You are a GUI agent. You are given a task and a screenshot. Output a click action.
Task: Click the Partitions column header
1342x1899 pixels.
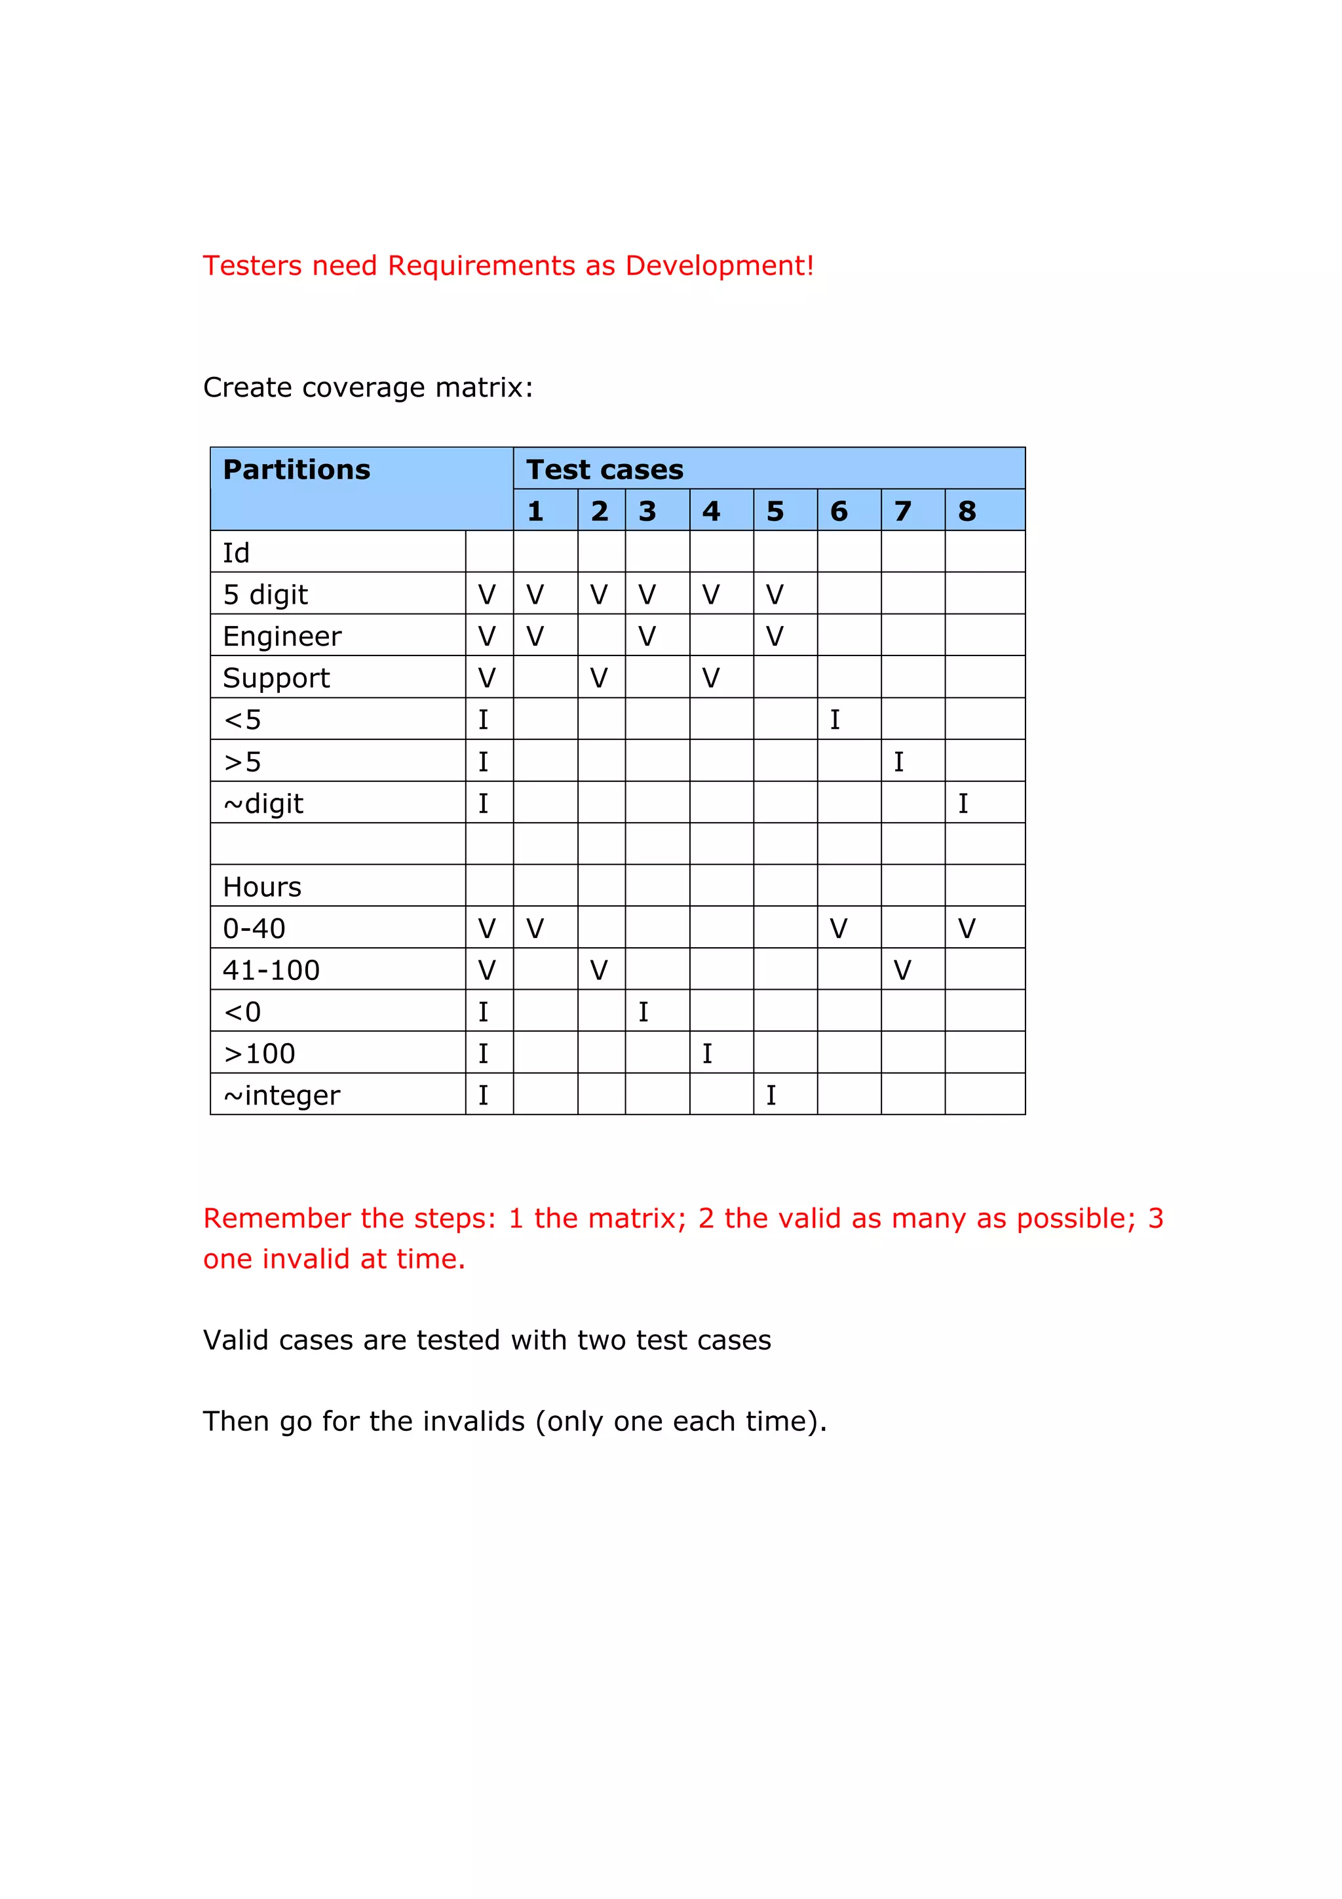296,470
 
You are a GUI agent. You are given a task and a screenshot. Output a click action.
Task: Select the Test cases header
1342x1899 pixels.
604,470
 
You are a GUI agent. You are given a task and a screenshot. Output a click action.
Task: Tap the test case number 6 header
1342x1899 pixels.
839,511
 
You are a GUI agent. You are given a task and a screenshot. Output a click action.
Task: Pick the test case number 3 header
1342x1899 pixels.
647,511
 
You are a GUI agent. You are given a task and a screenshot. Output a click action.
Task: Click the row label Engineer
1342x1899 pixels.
282,636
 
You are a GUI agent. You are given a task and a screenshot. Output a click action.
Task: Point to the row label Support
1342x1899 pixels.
276,678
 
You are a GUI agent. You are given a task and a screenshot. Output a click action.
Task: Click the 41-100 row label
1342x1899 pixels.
271,970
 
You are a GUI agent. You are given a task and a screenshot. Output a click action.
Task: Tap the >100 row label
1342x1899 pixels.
259,1053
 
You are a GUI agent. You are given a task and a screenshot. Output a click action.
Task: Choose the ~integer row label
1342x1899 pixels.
282,1095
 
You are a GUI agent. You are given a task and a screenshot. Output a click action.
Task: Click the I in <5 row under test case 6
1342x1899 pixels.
835,720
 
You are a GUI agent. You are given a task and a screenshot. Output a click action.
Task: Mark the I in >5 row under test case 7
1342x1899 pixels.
899,762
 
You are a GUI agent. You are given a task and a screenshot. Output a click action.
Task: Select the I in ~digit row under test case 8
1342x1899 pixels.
963,803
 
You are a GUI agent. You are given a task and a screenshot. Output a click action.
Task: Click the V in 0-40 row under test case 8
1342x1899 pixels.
967,929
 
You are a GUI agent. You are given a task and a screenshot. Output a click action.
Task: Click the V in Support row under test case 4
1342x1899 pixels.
710,678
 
